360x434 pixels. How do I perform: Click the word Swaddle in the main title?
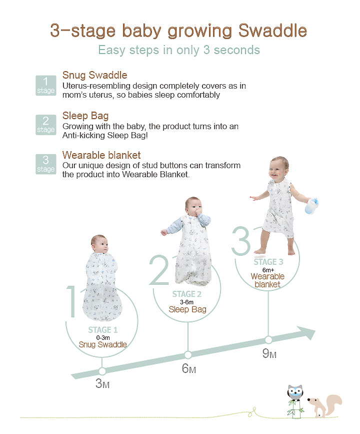coord(272,31)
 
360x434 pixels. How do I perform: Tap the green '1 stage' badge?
coord(46,86)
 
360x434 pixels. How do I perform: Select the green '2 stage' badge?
coord(46,125)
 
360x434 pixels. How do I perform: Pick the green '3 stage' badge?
coord(46,164)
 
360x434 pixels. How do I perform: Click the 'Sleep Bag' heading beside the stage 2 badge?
coord(85,116)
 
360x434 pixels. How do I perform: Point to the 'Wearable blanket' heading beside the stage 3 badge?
coord(101,155)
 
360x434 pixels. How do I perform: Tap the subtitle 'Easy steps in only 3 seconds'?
coord(179,50)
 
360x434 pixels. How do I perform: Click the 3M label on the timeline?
coord(102,383)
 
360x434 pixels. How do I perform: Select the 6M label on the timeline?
coord(189,368)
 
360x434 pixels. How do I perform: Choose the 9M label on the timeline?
coord(269,353)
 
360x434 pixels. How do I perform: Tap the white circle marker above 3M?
coord(102,371)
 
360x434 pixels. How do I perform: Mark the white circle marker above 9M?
coord(268,339)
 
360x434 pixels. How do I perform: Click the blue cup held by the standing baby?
coord(311,206)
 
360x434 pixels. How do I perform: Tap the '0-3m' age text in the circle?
coord(103,338)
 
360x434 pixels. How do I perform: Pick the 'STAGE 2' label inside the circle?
coord(186,294)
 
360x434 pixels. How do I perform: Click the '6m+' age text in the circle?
coord(268,270)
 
